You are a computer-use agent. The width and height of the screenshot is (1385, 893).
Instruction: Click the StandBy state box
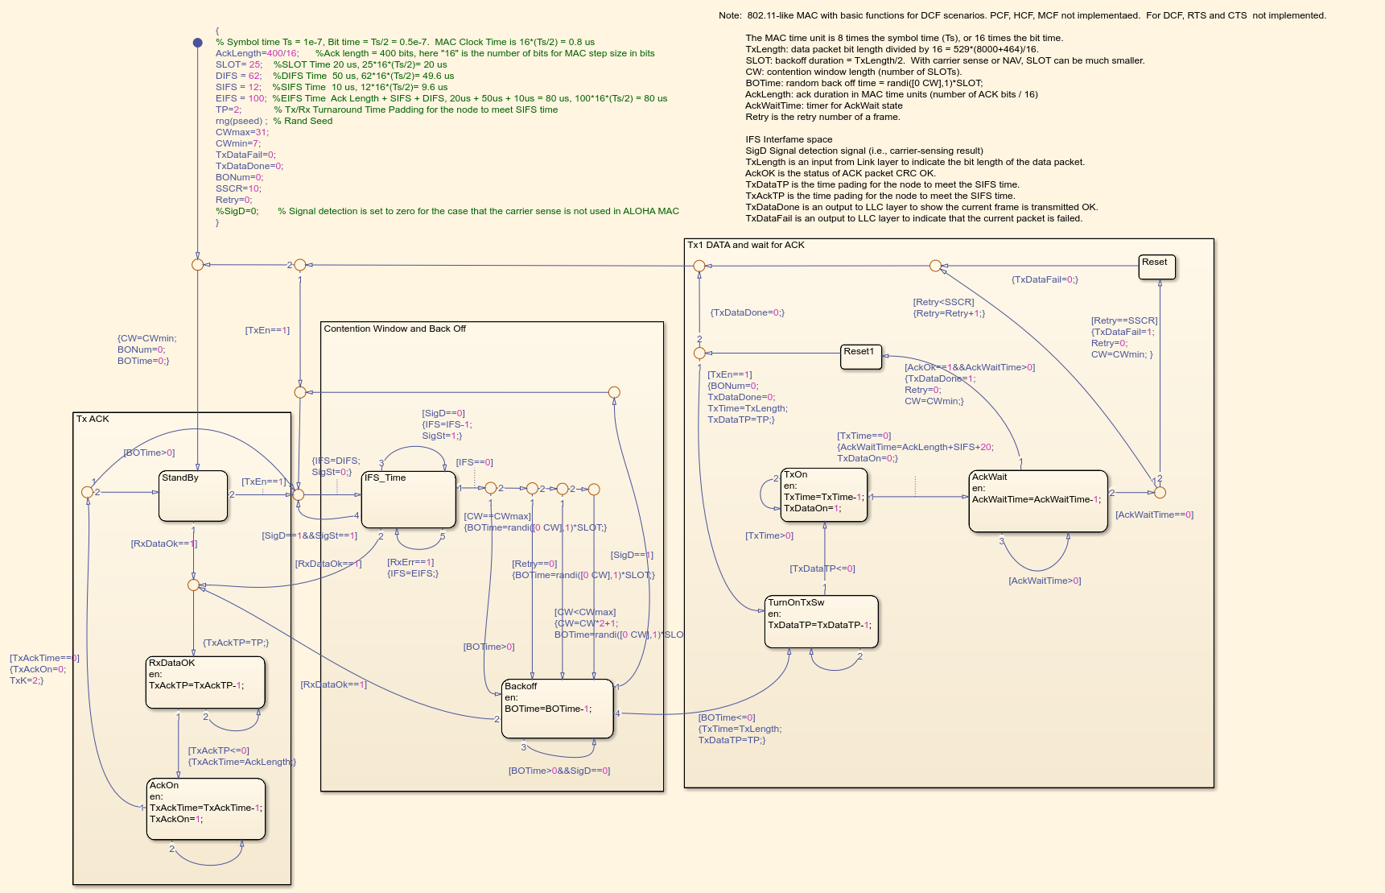pyautogui.click(x=193, y=496)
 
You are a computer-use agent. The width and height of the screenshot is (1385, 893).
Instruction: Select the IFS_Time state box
pyautogui.click(x=409, y=500)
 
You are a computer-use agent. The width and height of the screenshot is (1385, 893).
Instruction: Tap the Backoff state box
pyautogui.click(x=557, y=709)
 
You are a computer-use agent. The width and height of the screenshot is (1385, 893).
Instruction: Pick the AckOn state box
pyautogui.click(x=206, y=808)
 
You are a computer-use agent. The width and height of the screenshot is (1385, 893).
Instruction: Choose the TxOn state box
pyautogui.click(x=824, y=494)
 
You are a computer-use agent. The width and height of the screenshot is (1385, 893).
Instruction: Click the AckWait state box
pyautogui.click(x=1038, y=501)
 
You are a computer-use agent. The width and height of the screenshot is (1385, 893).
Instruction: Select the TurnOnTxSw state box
pyautogui.click(x=821, y=621)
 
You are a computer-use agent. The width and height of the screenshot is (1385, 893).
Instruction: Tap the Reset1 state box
pyautogui.click(x=861, y=357)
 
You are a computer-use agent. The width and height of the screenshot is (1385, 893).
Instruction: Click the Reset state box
pyautogui.click(x=1157, y=267)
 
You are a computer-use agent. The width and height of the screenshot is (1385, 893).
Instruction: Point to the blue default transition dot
pyautogui.click(x=197, y=43)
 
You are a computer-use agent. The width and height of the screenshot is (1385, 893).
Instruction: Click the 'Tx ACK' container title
pyautogui.click(x=93, y=419)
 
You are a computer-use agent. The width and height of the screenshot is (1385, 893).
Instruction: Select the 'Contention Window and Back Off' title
pyautogui.click(x=394, y=329)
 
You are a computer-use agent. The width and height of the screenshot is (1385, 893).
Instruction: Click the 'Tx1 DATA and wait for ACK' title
pyautogui.click(x=745, y=245)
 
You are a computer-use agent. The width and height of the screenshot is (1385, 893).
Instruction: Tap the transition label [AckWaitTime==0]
pyautogui.click(x=1154, y=515)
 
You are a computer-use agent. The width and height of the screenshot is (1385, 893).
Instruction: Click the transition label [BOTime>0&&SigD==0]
pyautogui.click(x=559, y=771)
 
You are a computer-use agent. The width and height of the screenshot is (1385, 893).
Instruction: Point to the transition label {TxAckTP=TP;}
pyautogui.click(x=236, y=643)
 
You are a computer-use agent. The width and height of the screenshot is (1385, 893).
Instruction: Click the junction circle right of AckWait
pyautogui.click(x=1160, y=492)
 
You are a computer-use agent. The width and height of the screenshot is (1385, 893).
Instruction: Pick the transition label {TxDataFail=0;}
pyautogui.click(x=1045, y=279)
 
